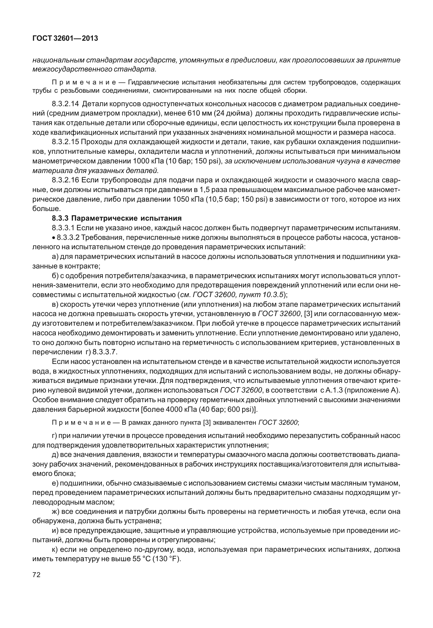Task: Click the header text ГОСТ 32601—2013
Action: [x=65, y=39]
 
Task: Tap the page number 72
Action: [x=36, y=575]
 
